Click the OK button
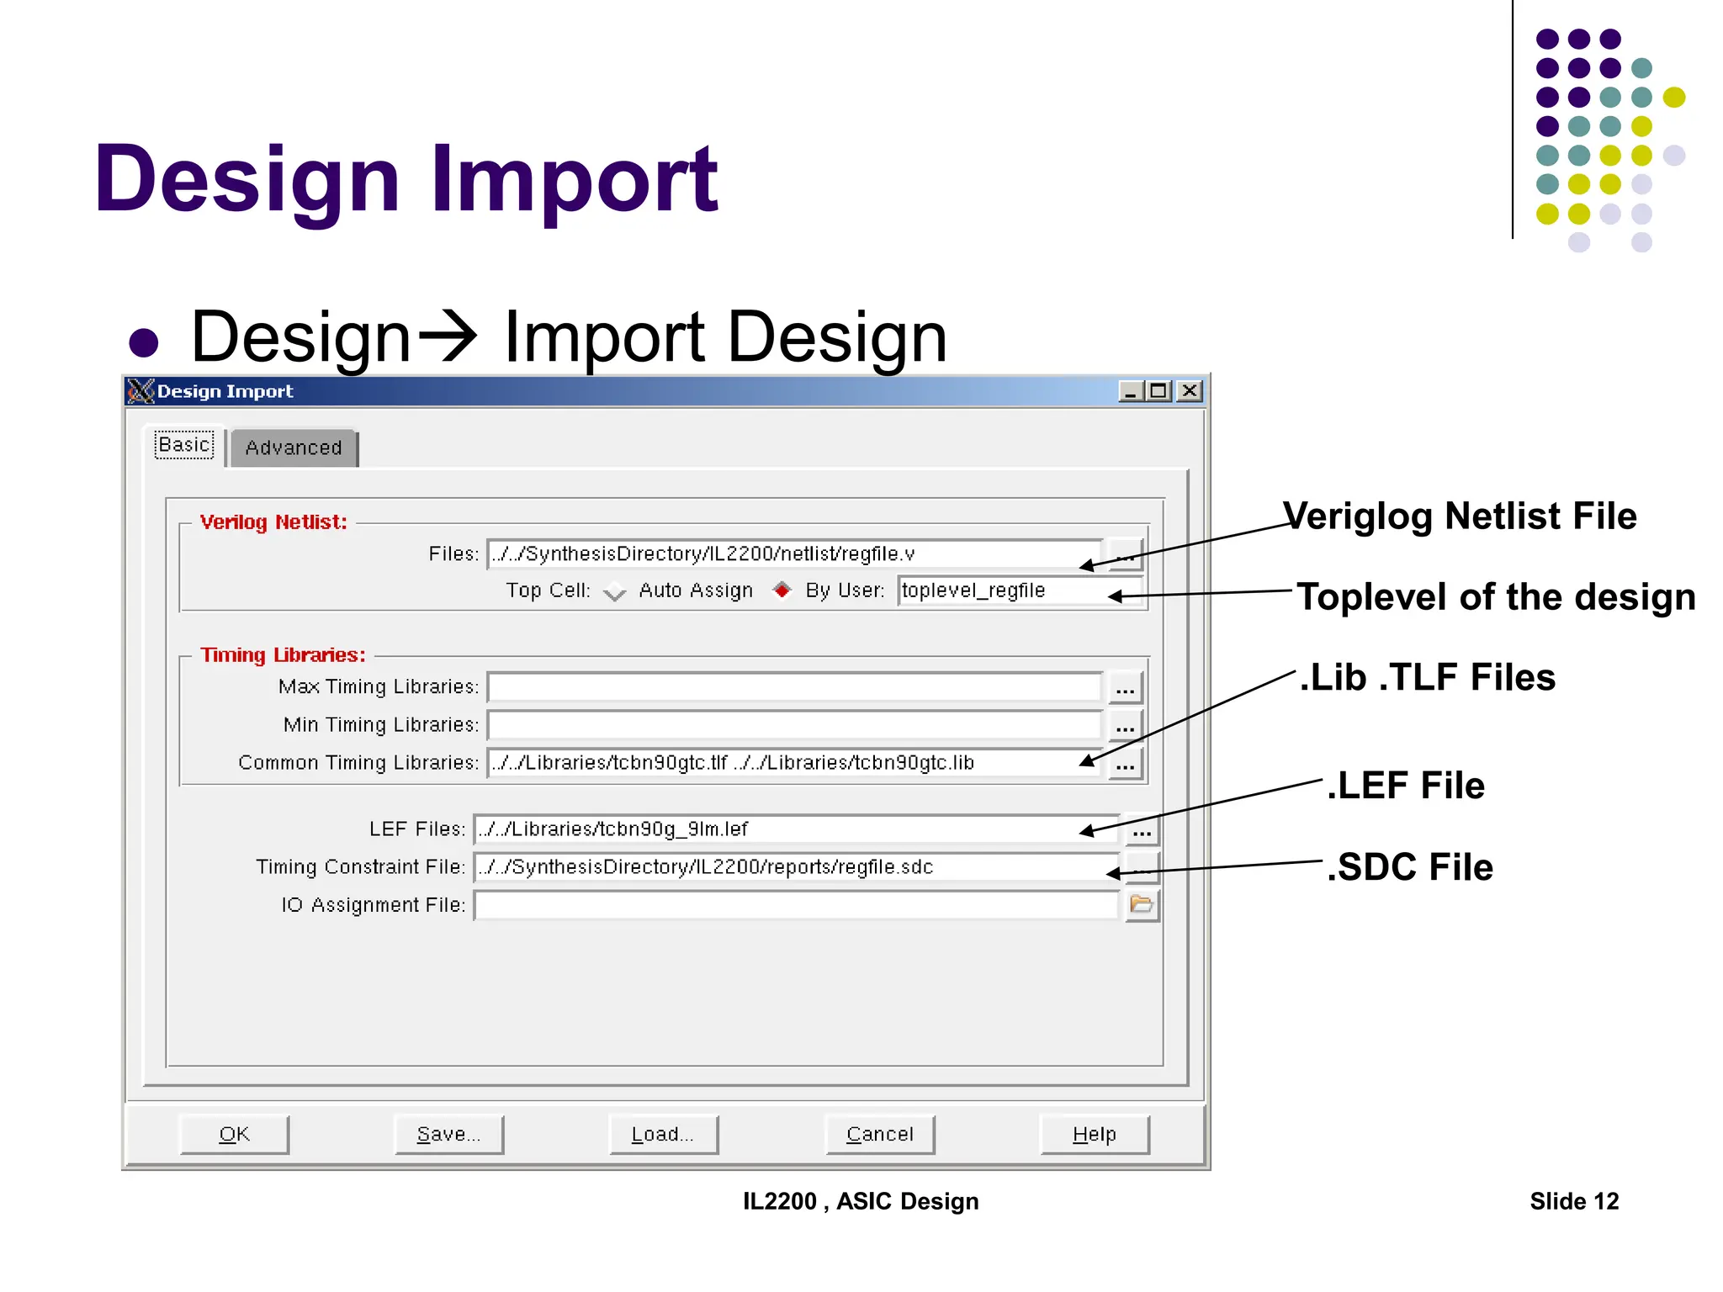pos(234,1135)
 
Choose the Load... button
pos(664,1135)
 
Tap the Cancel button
pos(880,1135)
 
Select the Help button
pos(1095,1135)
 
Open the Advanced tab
pos(294,448)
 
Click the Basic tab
pos(185,445)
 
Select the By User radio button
pos(782,590)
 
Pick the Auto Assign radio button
pos(615,591)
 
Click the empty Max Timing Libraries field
pos(794,687)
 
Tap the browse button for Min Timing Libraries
pos(1126,726)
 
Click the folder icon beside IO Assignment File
pos(1142,905)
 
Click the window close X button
pos(1190,391)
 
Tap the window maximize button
pos(1159,391)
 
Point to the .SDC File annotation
pos(1410,867)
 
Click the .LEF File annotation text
pos(1406,786)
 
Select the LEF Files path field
pos(795,829)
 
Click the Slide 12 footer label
pos(1574,1201)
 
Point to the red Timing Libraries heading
pos(284,655)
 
